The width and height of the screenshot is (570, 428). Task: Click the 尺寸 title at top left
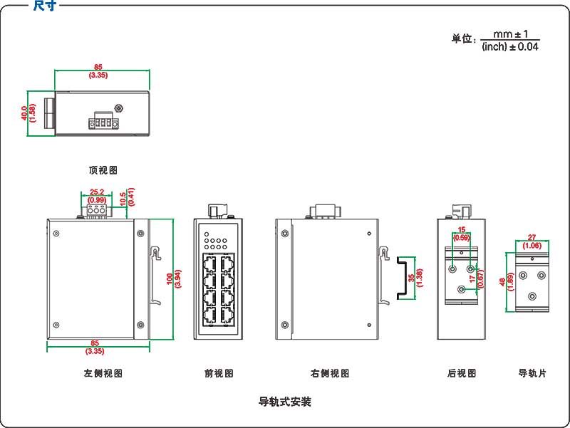point(44,6)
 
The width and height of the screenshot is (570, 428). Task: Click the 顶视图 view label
point(103,170)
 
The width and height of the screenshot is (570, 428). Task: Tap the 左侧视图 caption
point(103,373)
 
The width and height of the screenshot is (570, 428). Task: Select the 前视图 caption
point(219,373)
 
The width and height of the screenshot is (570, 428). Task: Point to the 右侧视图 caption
point(330,373)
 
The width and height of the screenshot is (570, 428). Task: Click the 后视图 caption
point(461,373)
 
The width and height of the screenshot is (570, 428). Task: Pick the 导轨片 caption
point(532,373)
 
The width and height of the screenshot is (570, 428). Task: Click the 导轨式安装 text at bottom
point(284,402)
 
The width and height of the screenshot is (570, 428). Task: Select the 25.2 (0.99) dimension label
point(97,196)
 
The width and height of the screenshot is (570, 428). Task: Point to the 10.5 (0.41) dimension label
point(128,197)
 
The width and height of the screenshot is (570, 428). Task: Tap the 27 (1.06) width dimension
point(532,241)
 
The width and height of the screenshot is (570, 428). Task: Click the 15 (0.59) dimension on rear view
point(462,233)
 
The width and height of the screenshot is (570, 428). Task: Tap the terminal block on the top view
point(102,122)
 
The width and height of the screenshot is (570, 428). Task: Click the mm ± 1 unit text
point(510,33)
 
